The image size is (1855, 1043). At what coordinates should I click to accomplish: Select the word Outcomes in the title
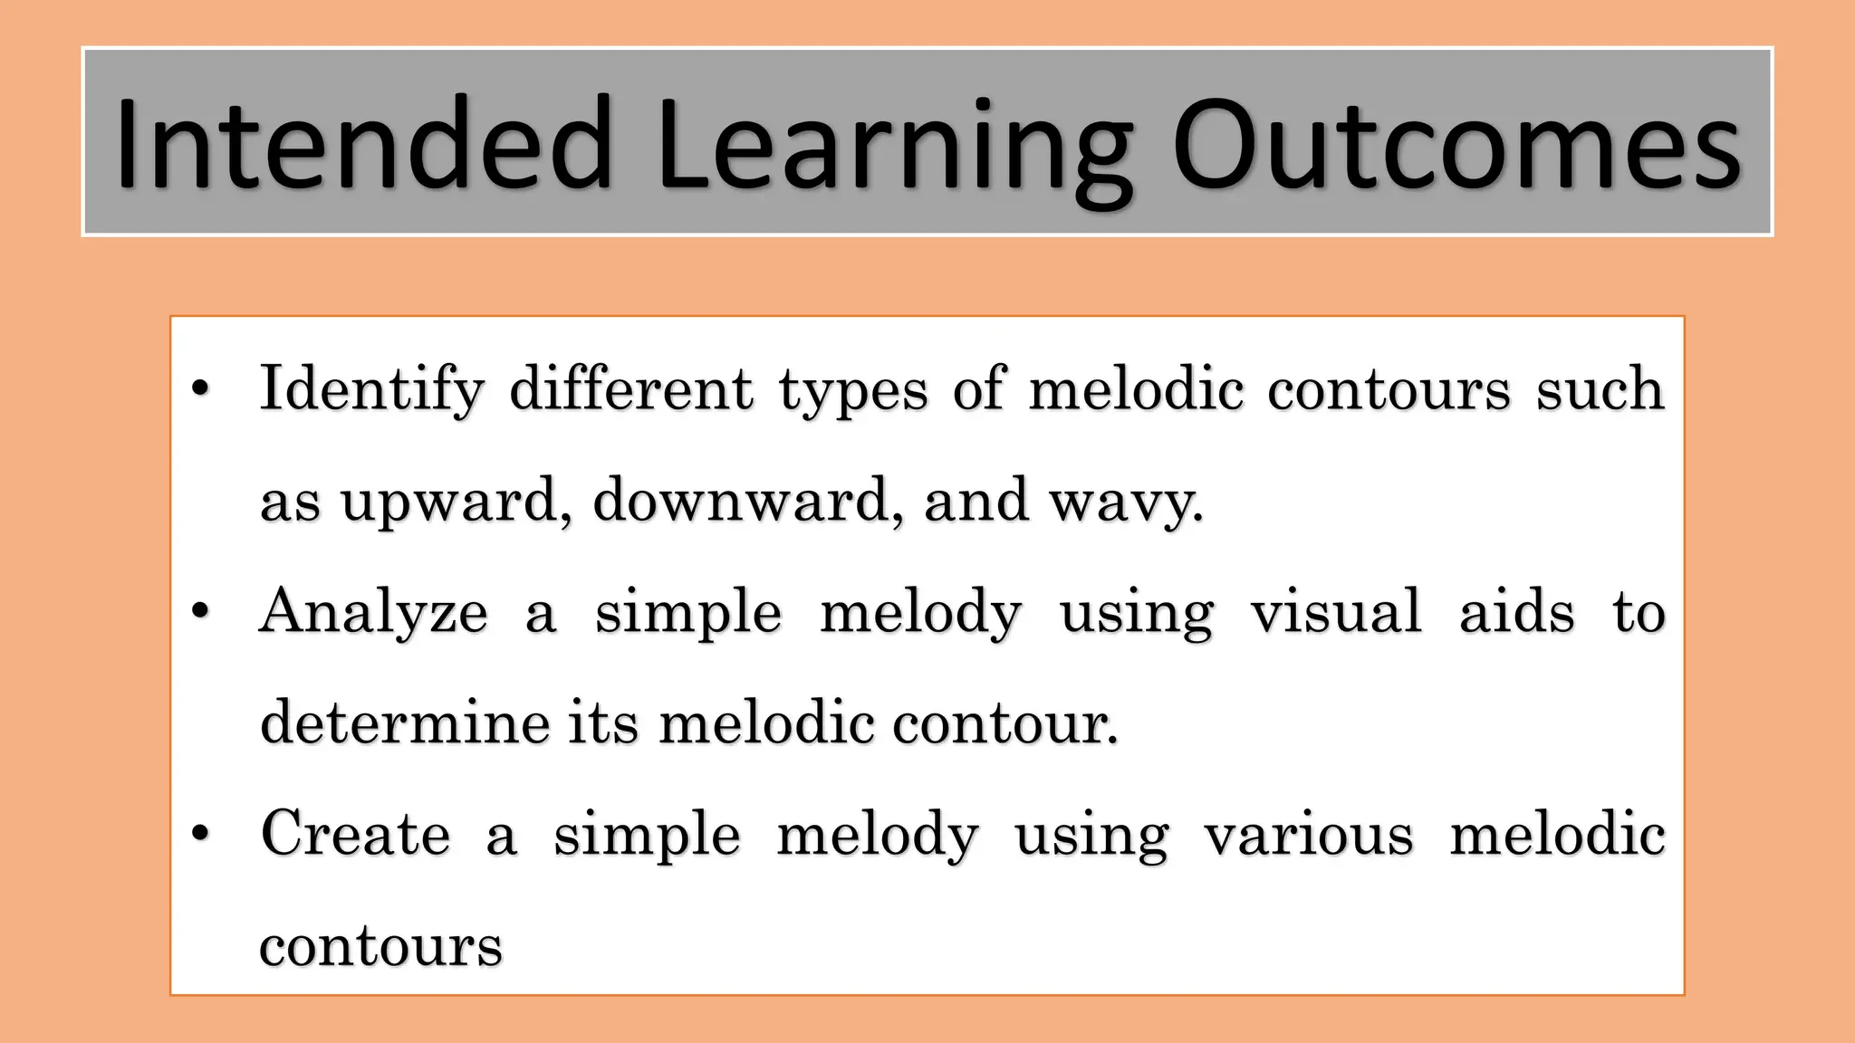pyautogui.click(x=1456, y=145)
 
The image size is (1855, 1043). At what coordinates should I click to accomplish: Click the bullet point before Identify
pyautogui.click(x=201, y=389)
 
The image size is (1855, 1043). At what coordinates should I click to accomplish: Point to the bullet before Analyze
pyautogui.click(x=201, y=612)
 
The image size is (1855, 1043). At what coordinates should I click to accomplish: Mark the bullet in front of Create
pyautogui.click(x=201, y=834)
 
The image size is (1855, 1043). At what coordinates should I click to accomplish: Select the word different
pyautogui.click(x=631, y=389)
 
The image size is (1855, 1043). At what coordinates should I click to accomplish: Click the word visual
pyautogui.click(x=1336, y=612)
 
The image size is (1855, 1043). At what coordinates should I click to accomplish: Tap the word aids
pyautogui.click(x=1517, y=612)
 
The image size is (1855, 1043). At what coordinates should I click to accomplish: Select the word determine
pyautogui.click(x=405, y=723)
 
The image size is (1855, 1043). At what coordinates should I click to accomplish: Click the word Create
pyautogui.click(x=355, y=834)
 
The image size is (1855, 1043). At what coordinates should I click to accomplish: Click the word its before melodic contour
pyautogui.click(x=603, y=723)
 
